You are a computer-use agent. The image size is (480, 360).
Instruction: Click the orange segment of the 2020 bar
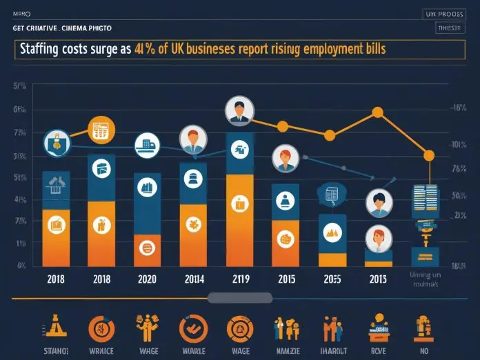(146, 250)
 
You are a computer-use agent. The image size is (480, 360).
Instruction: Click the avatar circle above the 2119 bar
(240, 110)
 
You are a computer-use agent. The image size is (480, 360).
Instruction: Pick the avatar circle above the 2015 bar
(284, 159)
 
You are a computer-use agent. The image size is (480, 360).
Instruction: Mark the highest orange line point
(377, 112)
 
